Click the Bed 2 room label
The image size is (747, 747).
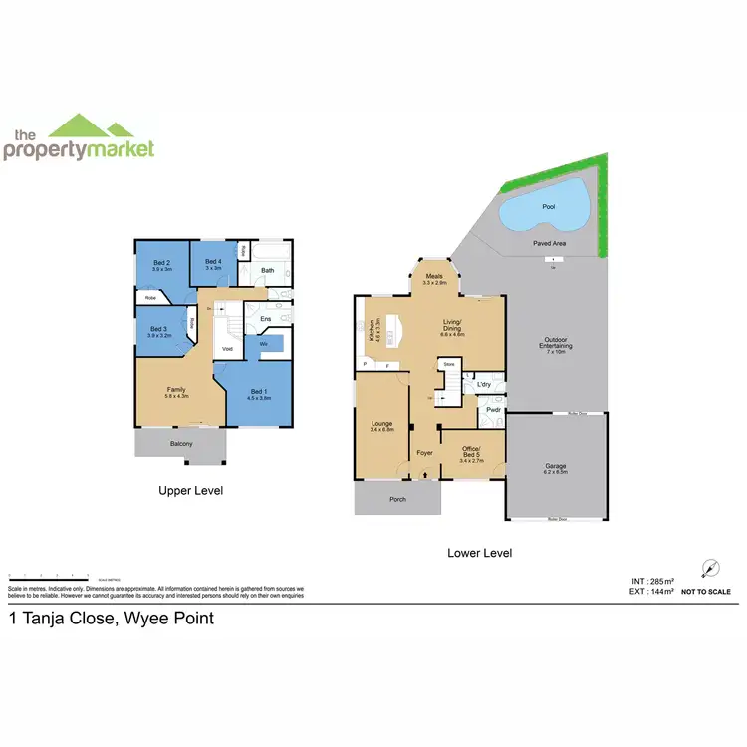tap(162, 263)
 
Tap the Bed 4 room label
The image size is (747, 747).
tap(213, 262)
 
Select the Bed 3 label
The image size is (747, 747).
tap(158, 330)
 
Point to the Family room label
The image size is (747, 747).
tap(176, 389)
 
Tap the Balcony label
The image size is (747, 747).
tap(180, 444)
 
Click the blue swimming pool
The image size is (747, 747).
tap(545, 209)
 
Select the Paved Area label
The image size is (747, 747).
tap(549, 241)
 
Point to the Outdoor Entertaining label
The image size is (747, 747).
tap(555, 343)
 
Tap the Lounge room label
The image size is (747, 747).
tap(382, 425)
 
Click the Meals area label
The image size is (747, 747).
tap(434, 278)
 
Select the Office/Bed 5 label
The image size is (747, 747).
tap(472, 455)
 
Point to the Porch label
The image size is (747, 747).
tap(397, 499)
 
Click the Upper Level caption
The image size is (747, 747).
tap(191, 491)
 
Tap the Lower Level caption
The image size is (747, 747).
tap(480, 553)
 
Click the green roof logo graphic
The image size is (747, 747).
tap(91, 126)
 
